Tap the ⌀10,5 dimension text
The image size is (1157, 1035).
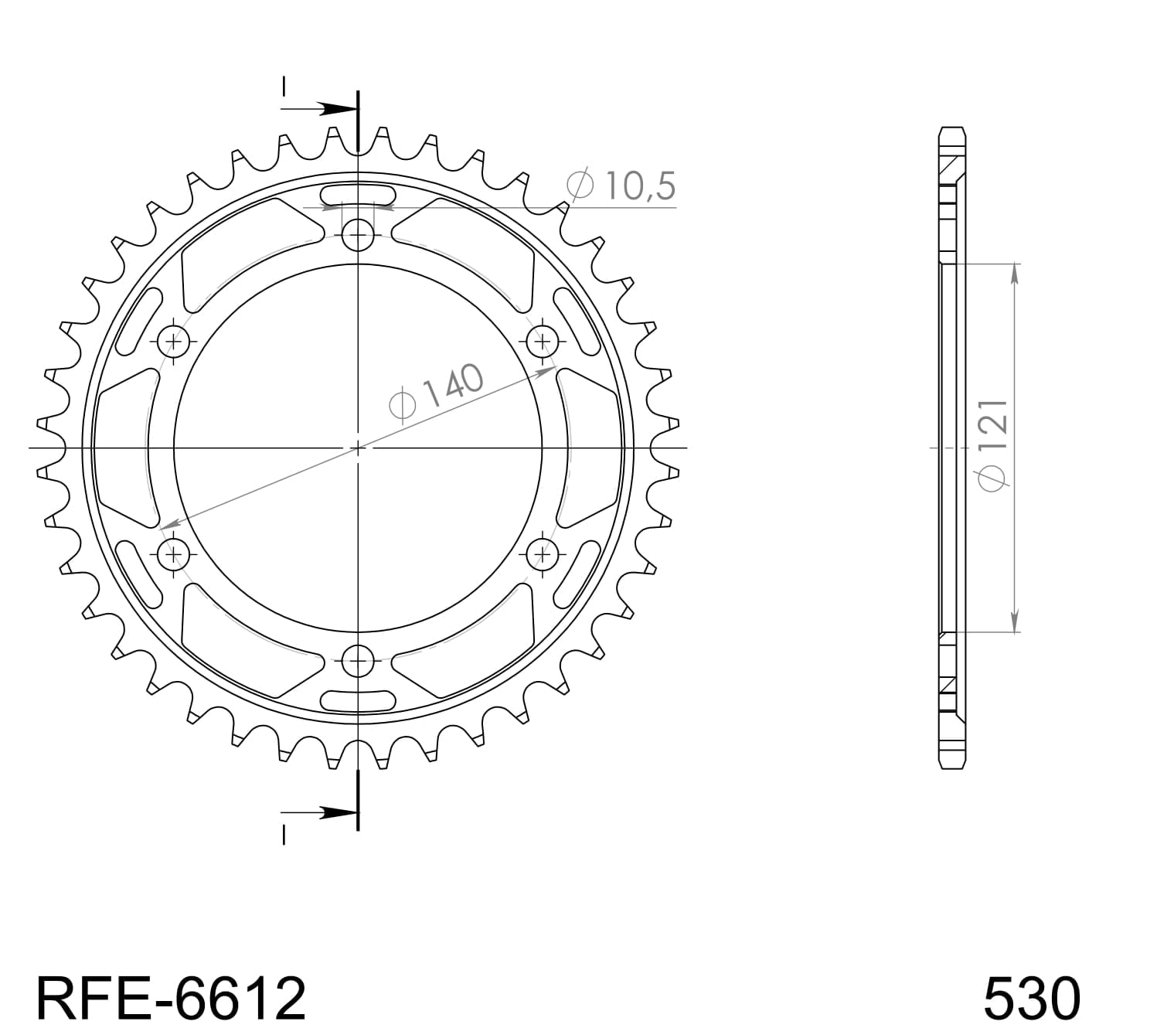621,186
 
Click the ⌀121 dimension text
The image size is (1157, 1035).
994,444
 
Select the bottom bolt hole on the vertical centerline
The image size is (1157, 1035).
358,660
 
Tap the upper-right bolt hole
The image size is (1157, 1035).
543,340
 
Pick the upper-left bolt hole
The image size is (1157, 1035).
173,340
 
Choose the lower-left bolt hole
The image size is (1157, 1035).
173,553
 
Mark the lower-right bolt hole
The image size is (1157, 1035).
543,553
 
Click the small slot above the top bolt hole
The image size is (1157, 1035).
358,196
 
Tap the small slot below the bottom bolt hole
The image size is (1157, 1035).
358,700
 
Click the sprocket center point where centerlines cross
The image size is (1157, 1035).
358,448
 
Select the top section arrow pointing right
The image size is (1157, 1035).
332,109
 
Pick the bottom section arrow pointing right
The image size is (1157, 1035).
332,812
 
